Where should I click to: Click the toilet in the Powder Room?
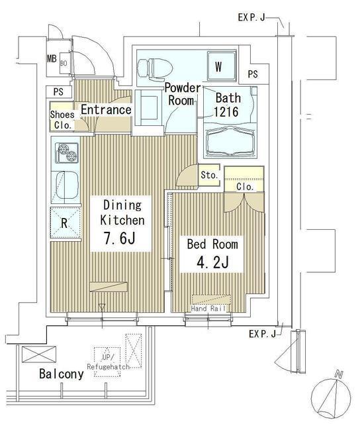[154, 67]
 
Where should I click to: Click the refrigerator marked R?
[64, 223]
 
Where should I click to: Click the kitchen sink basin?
[65, 187]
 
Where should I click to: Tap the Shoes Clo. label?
[62, 119]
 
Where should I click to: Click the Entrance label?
[105, 109]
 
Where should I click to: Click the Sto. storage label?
[209, 175]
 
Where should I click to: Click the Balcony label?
[61, 374]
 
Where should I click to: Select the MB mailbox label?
[52, 58]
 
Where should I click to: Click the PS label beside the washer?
[253, 74]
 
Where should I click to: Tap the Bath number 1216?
[226, 113]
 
